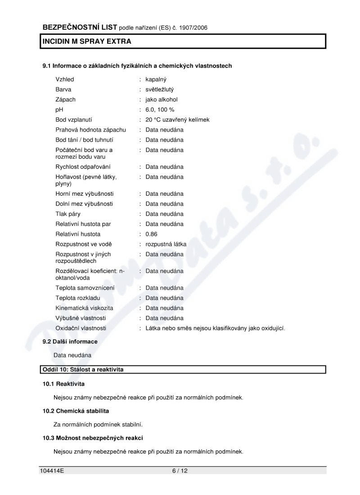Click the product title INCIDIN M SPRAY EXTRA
pyautogui.click(x=87, y=41)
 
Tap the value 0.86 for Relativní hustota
pyautogui.click(x=152, y=234)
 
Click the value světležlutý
pyautogui.click(x=159, y=90)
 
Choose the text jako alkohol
pyautogui.click(x=161, y=99)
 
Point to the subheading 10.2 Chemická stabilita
pyautogui.click(x=76, y=411)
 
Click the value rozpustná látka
pyautogui.click(x=166, y=244)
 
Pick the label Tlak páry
pyautogui.click(x=68, y=214)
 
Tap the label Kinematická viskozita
pyautogui.click(x=84, y=308)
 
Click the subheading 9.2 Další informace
pyautogui.click(x=70, y=342)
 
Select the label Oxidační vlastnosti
pyautogui.click(x=81, y=328)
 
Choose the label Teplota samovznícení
pyautogui.click(x=85, y=288)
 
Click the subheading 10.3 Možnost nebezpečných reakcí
pyautogui.click(x=93, y=437)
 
